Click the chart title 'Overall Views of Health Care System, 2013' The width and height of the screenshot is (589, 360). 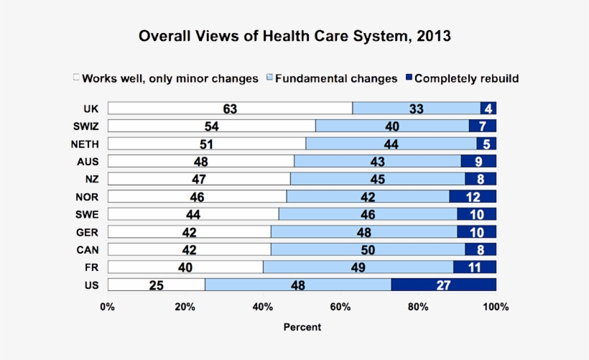point(294,36)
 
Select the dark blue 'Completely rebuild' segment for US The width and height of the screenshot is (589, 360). point(443,285)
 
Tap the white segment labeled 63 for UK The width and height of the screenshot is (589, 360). point(230,109)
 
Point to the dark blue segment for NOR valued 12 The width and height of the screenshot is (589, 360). point(473,196)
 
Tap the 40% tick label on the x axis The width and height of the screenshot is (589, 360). point(263,307)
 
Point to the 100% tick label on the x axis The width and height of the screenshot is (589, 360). point(496,307)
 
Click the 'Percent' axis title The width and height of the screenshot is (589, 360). point(302,327)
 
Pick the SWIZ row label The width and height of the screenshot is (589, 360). point(85,126)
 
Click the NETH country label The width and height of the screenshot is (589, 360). point(85,143)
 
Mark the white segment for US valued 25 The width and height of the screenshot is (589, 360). point(156,285)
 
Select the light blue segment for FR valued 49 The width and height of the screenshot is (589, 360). point(358,267)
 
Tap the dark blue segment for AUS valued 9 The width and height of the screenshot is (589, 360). point(478,161)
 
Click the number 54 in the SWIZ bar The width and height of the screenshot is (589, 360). point(212,126)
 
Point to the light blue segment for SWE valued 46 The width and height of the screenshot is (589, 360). point(368,214)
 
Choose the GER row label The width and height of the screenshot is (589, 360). point(87,231)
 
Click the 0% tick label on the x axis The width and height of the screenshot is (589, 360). point(108,307)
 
